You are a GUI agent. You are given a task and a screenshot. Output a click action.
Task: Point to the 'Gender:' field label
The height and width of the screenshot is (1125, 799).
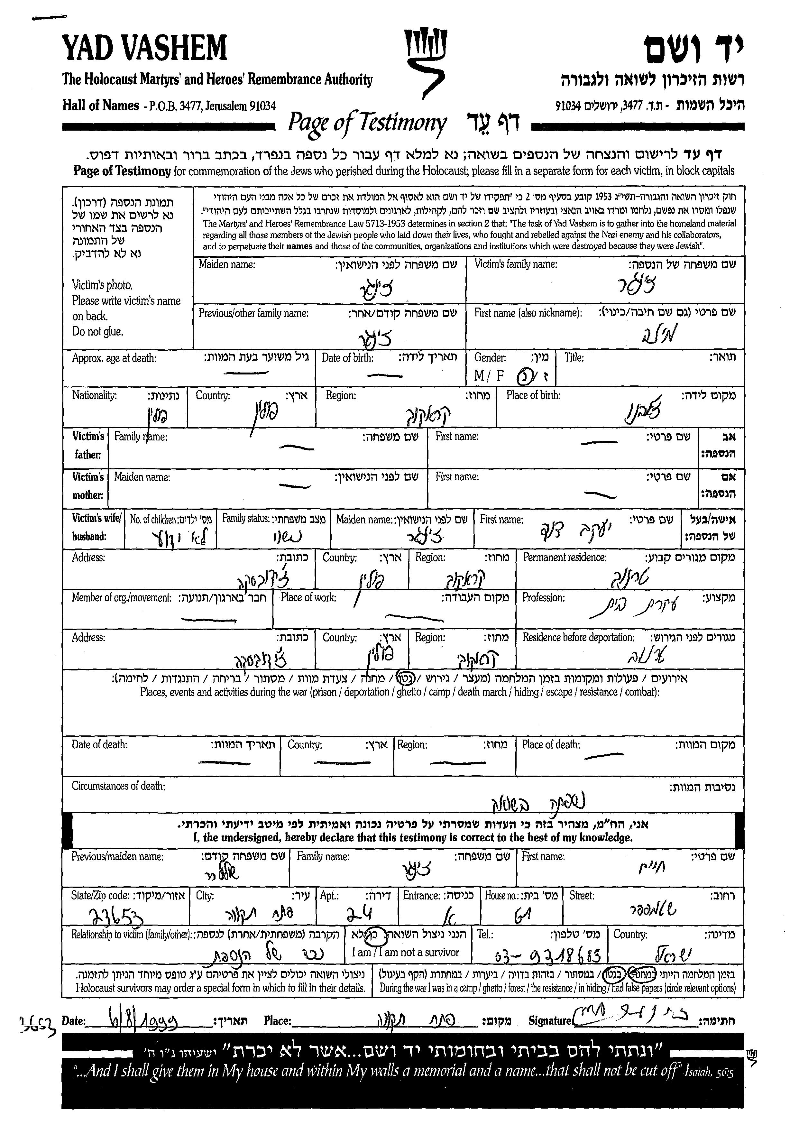point(490,358)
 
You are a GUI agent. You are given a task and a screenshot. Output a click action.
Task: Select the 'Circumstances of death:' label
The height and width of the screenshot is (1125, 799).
point(119,786)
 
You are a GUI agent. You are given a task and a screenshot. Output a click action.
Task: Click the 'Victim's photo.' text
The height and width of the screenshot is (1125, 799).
point(102,285)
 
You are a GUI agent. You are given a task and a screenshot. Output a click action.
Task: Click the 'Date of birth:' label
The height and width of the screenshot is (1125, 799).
point(347,358)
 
